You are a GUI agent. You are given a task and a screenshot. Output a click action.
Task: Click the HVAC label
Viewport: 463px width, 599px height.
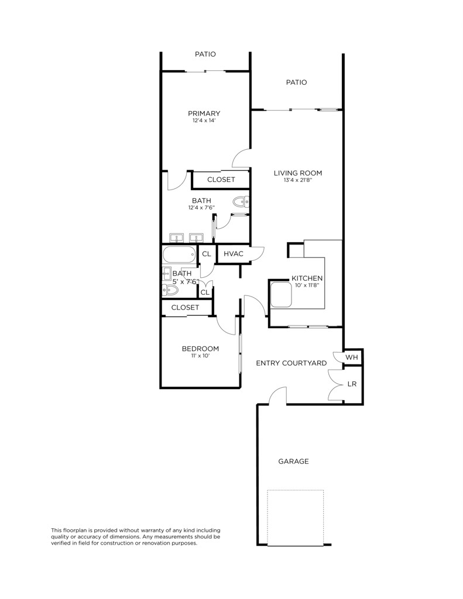(234, 254)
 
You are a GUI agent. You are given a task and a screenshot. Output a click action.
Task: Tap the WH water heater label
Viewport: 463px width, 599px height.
(351, 357)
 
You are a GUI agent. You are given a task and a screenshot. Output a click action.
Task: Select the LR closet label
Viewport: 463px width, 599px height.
(352, 384)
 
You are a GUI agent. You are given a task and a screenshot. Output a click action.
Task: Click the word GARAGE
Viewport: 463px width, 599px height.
(293, 462)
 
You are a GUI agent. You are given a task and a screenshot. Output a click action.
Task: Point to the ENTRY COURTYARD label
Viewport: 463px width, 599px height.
(291, 363)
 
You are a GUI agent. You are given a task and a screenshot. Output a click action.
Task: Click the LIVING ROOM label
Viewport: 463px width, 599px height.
(298, 173)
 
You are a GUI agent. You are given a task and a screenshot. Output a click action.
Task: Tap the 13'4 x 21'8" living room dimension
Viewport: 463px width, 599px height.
(298, 180)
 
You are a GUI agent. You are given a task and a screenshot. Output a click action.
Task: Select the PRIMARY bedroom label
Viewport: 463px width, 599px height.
(204, 113)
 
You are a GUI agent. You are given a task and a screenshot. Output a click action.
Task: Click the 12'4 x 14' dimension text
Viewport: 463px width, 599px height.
(204, 121)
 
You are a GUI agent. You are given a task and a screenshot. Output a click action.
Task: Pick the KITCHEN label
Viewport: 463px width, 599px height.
(307, 278)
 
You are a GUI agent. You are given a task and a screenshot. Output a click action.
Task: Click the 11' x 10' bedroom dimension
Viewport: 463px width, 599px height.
(200, 356)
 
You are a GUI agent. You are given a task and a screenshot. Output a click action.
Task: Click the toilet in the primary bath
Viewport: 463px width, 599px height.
(241, 203)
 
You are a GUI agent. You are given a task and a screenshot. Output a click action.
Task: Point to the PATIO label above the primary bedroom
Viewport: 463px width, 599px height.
(205, 54)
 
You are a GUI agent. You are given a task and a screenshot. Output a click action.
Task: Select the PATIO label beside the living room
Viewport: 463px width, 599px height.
(296, 82)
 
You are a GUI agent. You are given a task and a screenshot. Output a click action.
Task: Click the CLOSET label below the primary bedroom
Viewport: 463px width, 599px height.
(221, 180)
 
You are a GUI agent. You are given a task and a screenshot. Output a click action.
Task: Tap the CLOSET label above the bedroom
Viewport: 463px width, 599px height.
(185, 307)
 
